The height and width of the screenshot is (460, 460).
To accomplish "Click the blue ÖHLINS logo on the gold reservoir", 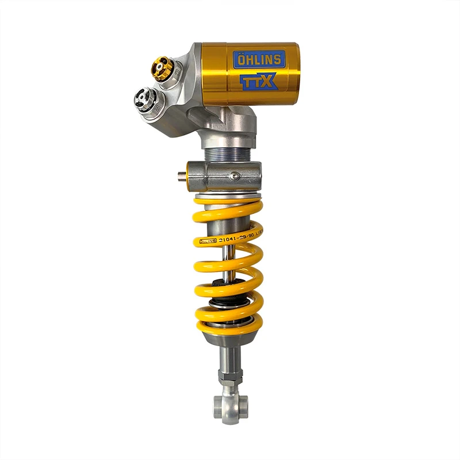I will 257,60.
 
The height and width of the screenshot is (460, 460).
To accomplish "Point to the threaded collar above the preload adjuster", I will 228,154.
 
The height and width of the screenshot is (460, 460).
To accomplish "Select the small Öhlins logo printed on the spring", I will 208,241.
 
